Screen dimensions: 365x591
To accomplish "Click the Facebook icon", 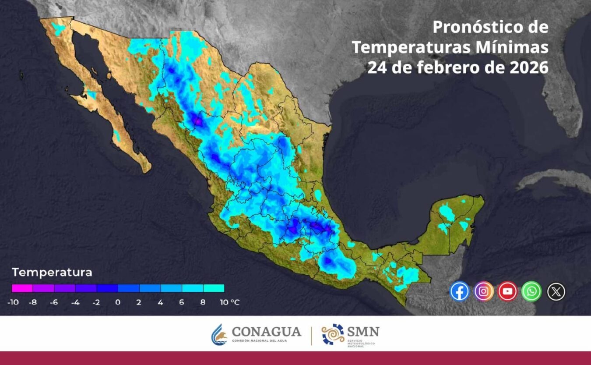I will click(459, 291).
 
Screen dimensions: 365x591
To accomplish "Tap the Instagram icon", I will click(484, 291).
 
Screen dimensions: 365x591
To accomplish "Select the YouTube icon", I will click(507, 291).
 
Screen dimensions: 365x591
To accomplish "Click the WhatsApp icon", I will click(531, 291).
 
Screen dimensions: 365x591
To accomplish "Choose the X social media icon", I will click(556, 291).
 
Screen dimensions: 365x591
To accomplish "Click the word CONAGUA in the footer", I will click(266, 332).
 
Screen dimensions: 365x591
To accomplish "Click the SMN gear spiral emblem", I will click(333, 334).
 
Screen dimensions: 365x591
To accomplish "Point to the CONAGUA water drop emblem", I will click(219, 334).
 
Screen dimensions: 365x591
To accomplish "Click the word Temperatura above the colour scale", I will click(52, 273).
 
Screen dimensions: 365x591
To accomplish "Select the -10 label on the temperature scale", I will click(12, 302).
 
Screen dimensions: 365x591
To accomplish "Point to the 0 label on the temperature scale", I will click(118, 302).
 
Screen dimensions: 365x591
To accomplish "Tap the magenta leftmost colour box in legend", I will click(22, 288).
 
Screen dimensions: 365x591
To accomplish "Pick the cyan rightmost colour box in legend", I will click(214, 288).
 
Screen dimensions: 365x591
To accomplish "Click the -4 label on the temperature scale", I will click(75, 302).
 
